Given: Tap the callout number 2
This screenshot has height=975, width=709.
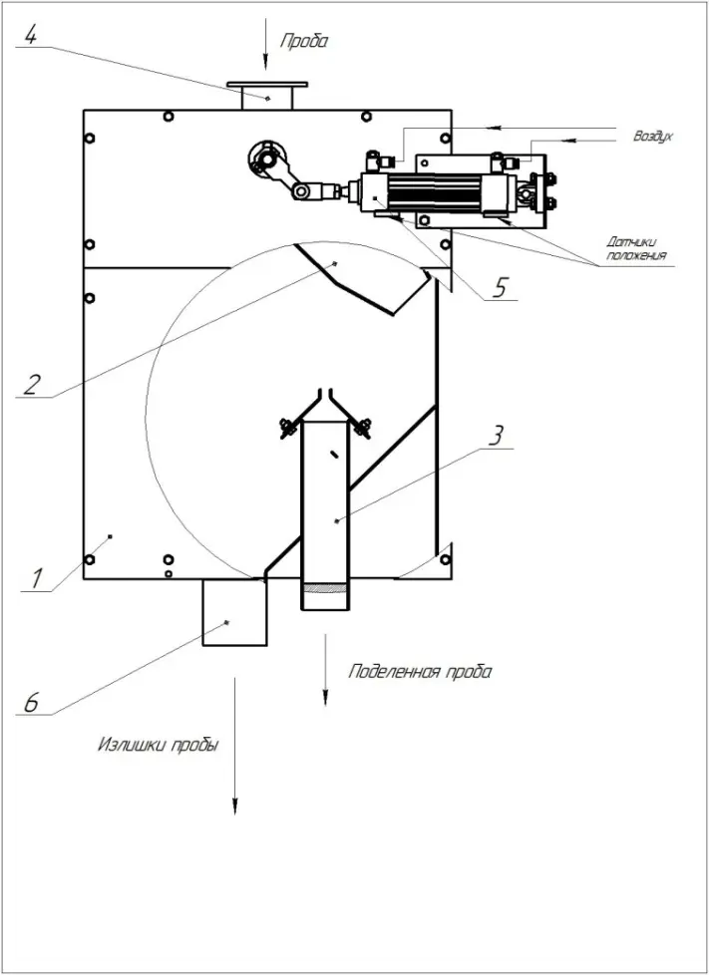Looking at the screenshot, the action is tap(31, 385).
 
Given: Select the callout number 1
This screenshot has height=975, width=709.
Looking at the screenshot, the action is tap(37, 579).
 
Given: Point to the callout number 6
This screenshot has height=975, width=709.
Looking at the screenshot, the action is tap(31, 702).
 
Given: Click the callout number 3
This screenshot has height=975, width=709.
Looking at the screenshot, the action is tap(495, 437).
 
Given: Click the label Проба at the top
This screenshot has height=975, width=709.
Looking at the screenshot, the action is tap(303, 42).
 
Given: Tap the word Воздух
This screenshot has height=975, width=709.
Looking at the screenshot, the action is tap(653, 137).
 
